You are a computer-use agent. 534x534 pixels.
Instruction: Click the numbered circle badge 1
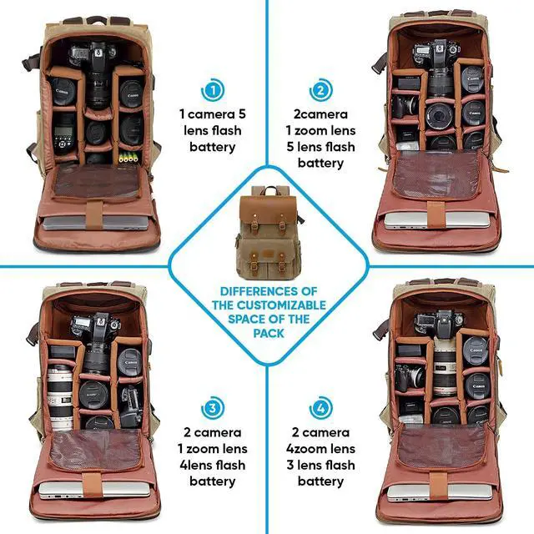(x=214, y=90)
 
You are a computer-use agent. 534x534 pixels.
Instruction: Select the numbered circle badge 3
(x=214, y=409)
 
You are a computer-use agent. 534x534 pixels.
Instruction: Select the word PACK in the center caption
(x=266, y=333)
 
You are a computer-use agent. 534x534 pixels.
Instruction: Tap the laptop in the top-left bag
(x=92, y=222)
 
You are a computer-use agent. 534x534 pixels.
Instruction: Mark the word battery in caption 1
(x=212, y=147)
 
